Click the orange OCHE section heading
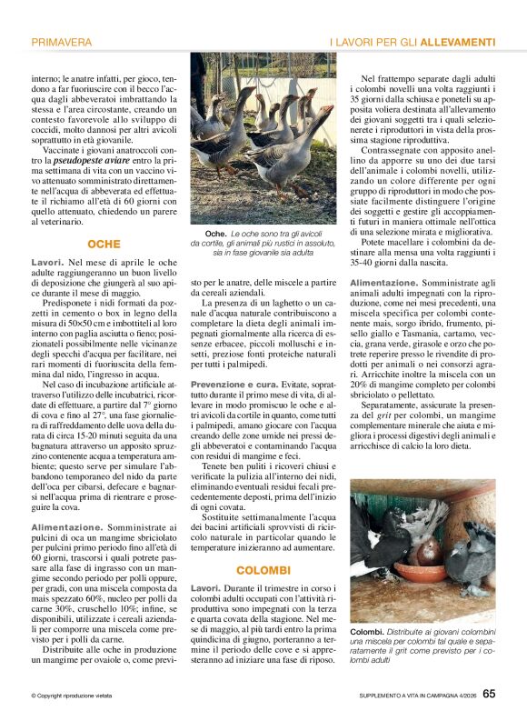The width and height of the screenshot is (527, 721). point(104,245)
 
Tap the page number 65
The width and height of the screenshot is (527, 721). point(489,694)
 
